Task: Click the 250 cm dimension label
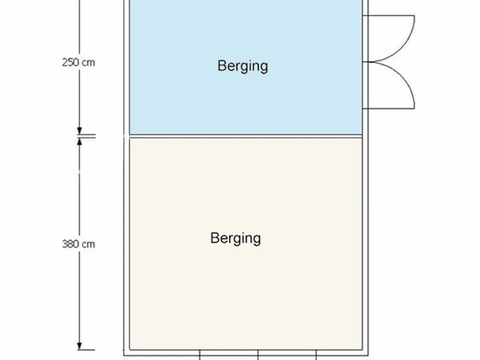(x=78, y=62)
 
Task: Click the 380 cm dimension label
(x=78, y=244)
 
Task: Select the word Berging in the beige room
(x=235, y=239)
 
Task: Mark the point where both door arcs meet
(x=372, y=62)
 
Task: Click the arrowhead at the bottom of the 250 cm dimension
(x=79, y=131)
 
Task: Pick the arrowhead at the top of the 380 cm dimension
(x=79, y=142)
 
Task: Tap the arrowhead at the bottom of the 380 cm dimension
(x=79, y=346)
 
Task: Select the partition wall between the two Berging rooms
(x=246, y=136)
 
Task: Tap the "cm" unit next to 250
(x=89, y=63)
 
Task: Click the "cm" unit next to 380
(x=89, y=245)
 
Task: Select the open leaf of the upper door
(x=389, y=15)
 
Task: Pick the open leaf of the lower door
(x=389, y=108)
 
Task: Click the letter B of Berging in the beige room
(x=214, y=238)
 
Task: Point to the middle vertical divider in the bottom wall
(x=258, y=355)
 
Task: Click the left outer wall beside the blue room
(x=127, y=67)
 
